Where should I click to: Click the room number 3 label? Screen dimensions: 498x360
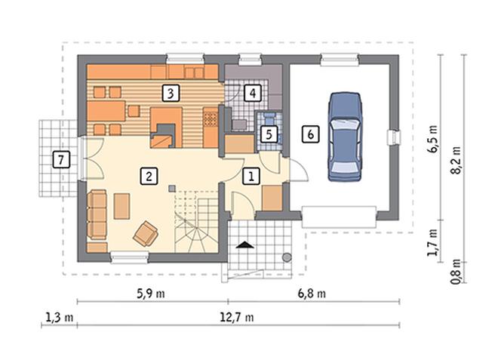click(x=171, y=94)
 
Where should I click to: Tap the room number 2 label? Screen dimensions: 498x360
click(x=149, y=177)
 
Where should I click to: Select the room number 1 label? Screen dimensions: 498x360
click(x=251, y=177)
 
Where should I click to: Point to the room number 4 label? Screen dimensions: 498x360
click(x=253, y=93)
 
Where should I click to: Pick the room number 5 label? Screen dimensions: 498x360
click(x=269, y=134)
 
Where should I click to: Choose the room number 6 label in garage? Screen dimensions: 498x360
click(x=311, y=134)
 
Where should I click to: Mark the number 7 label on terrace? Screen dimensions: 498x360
click(x=61, y=159)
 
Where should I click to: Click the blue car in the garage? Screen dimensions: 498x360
click(x=345, y=137)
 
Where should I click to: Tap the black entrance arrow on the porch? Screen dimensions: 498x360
click(x=245, y=245)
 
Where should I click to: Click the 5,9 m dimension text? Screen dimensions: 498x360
click(x=151, y=294)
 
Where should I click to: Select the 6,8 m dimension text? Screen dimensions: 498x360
click(x=312, y=294)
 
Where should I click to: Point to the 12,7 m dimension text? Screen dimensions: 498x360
click(x=237, y=317)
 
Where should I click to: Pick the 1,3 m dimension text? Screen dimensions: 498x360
click(x=60, y=317)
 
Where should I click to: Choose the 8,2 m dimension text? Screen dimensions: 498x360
click(x=456, y=160)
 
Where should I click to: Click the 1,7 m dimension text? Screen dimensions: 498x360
click(x=433, y=242)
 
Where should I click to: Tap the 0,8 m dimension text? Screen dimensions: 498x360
click(x=456, y=272)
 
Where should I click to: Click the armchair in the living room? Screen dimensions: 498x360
click(x=146, y=233)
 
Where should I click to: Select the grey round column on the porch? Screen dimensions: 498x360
click(x=287, y=257)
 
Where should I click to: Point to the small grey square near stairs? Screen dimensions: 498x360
click(x=172, y=189)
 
